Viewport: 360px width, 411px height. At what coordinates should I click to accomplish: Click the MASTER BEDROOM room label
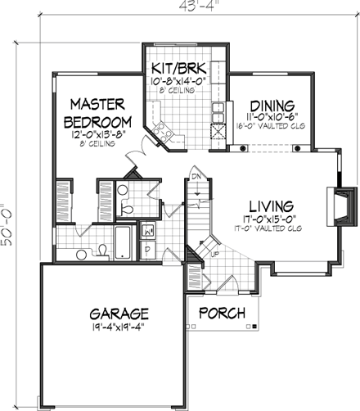(97, 112)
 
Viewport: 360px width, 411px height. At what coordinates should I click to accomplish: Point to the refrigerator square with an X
(217, 133)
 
